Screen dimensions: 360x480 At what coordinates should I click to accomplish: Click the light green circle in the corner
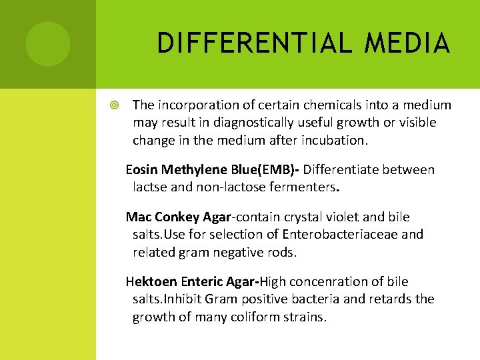click(x=48, y=44)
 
